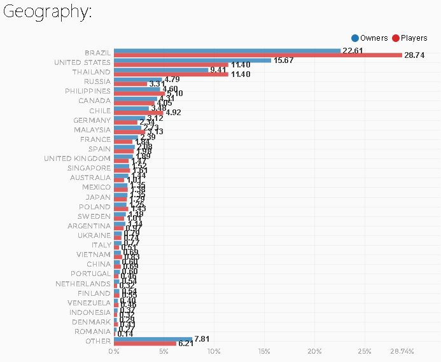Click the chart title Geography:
(48, 12)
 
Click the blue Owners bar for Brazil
(227, 51)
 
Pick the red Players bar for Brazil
(258, 55)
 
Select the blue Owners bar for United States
(192, 60)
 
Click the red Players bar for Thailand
(171, 74)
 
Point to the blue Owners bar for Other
(153, 339)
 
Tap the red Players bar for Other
(145, 344)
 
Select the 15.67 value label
(284, 60)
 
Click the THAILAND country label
(93, 72)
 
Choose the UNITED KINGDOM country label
(77, 158)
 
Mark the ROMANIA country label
(93, 331)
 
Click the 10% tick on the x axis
(214, 352)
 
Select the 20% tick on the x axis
(314, 352)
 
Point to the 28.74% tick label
(402, 352)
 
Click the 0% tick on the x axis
(114, 352)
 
